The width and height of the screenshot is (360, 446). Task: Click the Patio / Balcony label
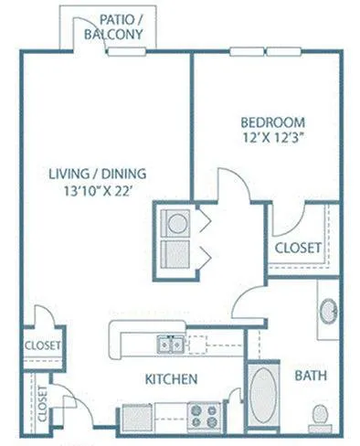click(113, 27)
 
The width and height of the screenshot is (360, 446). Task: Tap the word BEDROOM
click(272, 122)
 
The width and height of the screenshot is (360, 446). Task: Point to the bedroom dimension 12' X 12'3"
click(274, 138)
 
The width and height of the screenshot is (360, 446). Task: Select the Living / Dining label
click(98, 174)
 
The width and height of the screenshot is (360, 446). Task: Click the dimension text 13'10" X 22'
click(98, 191)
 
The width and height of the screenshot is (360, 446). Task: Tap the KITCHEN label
click(171, 379)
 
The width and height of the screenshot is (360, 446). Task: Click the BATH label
click(311, 376)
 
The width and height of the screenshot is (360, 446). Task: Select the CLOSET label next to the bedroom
click(298, 248)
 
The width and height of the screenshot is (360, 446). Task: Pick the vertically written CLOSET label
click(43, 403)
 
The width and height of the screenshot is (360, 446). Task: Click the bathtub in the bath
click(264, 396)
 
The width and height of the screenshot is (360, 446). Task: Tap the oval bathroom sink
click(329, 312)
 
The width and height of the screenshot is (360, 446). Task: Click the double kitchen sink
click(170, 345)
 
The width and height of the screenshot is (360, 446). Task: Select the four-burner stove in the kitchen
click(204, 417)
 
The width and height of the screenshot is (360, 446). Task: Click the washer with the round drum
click(175, 223)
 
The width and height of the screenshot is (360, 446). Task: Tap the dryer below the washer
click(175, 254)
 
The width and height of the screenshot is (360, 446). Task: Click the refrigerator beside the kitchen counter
click(137, 418)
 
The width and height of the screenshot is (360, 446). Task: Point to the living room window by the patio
click(127, 52)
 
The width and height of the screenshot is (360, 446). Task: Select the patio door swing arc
click(90, 30)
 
